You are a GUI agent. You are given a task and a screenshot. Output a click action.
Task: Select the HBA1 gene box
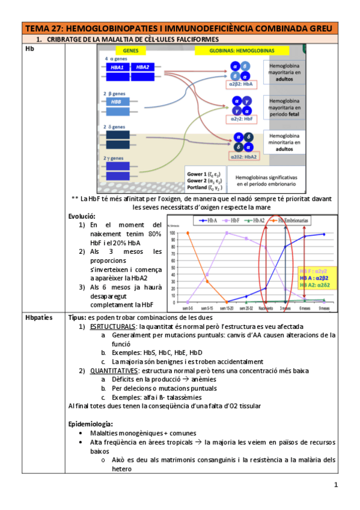[x=117, y=68]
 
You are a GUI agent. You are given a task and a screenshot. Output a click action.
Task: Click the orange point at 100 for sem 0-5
[x=188, y=233]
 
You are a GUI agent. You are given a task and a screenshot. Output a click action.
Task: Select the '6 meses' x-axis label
[x=305, y=307]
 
